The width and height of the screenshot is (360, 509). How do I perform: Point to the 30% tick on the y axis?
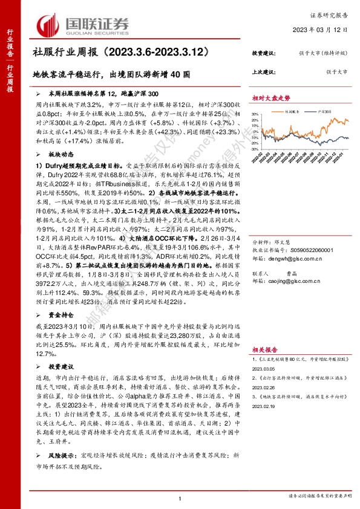[255, 112]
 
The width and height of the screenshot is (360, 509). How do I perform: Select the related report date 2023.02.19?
[267, 406]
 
